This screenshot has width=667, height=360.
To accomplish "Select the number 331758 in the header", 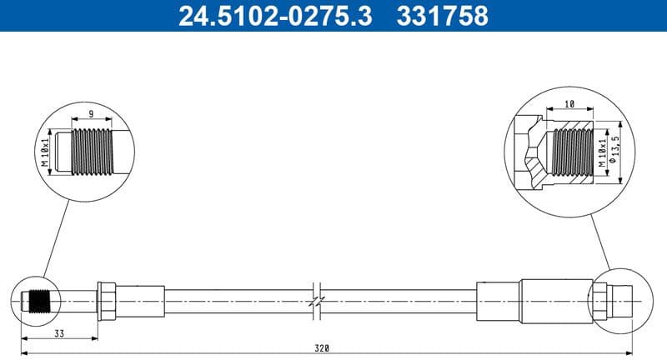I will point(446,16).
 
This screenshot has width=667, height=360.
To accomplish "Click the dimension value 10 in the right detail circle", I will point(569,104).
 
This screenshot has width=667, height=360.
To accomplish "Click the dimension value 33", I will point(58,335).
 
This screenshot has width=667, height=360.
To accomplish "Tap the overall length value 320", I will point(323,347).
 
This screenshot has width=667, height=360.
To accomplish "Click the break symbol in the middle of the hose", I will point(315,298).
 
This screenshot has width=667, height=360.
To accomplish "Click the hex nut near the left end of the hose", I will point(106,298).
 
